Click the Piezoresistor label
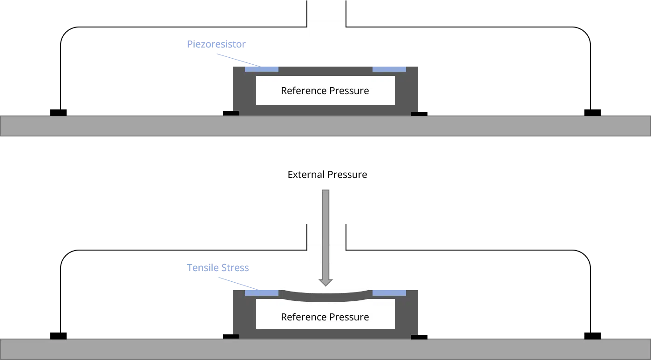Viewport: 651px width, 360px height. tap(216, 44)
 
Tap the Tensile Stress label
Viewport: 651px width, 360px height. tap(217, 268)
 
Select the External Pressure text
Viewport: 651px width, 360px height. tap(327, 174)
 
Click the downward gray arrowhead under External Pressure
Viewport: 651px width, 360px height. tap(326, 282)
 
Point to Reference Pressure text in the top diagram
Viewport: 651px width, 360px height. tap(325, 91)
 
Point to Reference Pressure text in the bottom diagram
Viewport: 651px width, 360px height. tap(325, 317)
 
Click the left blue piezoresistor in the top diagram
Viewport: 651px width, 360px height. tap(262, 69)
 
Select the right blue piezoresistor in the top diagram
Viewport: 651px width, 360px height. tap(389, 69)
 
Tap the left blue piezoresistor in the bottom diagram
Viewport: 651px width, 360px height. tap(262, 293)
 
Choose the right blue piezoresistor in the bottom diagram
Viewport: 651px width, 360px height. tap(389, 293)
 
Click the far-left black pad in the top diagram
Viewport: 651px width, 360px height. tap(58, 113)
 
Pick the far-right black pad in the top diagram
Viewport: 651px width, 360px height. tap(592, 113)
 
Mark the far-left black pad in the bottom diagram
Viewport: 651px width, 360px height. tap(58, 336)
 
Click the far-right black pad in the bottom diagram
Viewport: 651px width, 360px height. tap(592, 336)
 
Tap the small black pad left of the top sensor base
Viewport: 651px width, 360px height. tap(231, 113)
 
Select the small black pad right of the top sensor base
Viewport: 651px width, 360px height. tap(419, 114)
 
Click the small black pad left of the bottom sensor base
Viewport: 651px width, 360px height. tap(231, 336)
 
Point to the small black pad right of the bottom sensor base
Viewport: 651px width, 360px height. tap(419, 337)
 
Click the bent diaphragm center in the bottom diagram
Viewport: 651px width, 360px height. tap(325, 298)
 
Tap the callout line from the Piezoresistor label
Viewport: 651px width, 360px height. tap(238, 61)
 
